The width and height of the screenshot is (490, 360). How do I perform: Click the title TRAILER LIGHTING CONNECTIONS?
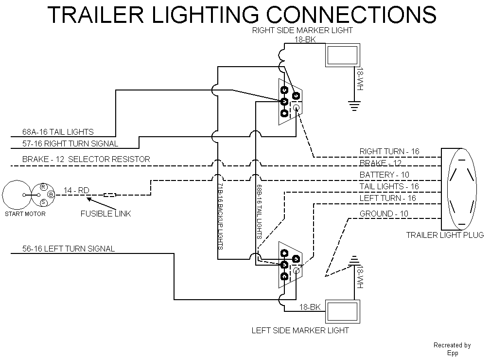(242, 15)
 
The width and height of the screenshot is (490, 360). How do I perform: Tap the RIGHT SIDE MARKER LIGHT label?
(302, 30)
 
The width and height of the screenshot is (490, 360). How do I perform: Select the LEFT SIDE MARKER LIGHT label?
(300, 330)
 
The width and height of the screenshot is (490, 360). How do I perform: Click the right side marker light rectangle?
(342, 56)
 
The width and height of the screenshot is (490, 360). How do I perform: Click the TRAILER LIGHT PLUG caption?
(445, 235)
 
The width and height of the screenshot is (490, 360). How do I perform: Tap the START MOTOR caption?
(25, 213)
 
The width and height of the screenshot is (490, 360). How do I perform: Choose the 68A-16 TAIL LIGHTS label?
(58, 132)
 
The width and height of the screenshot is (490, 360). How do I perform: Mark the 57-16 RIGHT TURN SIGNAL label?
(70, 144)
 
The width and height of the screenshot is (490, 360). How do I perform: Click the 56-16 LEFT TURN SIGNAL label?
(69, 249)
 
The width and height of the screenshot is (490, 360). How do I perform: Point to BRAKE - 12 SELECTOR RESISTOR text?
(86, 159)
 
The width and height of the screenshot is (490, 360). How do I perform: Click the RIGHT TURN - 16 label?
(389, 151)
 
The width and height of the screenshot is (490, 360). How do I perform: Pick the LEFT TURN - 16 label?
(387, 198)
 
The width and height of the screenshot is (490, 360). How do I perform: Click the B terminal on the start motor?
(51, 195)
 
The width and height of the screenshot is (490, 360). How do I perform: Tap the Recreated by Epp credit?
(452, 349)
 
